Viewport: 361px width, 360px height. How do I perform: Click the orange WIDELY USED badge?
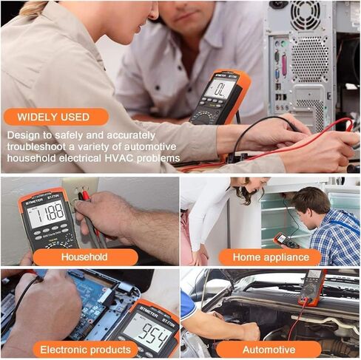point(55,117)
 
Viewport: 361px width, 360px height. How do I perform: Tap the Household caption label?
point(84,257)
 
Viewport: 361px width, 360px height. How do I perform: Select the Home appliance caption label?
point(269,257)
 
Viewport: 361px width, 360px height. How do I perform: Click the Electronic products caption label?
point(84,349)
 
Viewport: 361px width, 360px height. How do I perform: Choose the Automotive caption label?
point(269,349)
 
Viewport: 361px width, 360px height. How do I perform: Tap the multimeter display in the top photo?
point(220,88)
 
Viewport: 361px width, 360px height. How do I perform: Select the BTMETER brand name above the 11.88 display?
point(36,199)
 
